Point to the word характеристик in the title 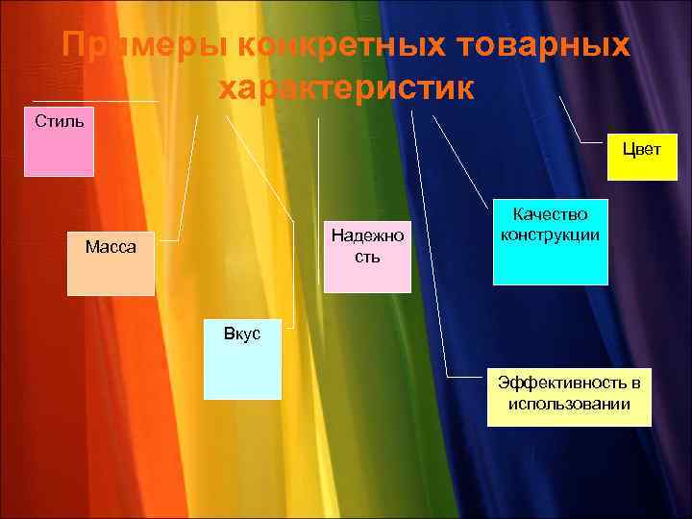click(x=346, y=88)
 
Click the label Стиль click(x=59, y=121)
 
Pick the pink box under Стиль click(x=59, y=154)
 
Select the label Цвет click(x=641, y=150)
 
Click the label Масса click(x=111, y=247)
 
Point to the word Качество click(x=551, y=215)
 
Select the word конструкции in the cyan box click(x=551, y=234)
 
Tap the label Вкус click(x=241, y=334)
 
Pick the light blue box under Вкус click(x=242, y=370)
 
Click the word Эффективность click(x=569, y=383)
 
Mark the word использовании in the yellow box click(x=569, y=404)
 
